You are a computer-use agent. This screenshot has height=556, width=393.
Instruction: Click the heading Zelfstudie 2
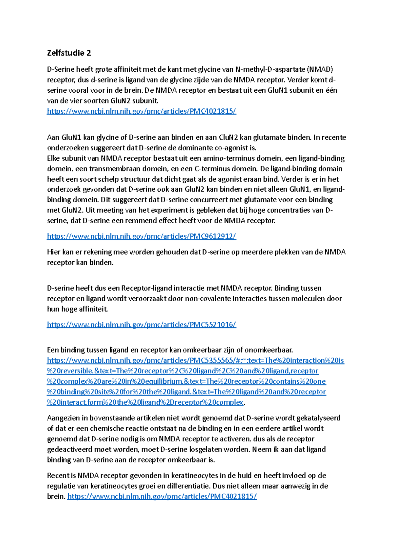click(69, 53)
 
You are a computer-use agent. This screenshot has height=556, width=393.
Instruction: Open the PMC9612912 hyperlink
click(141, 236)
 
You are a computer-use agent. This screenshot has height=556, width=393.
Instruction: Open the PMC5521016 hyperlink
click(141, 324)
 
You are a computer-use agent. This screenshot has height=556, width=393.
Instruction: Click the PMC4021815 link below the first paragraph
click(141, 111)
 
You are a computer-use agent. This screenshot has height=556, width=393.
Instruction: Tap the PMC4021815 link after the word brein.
click(162, 496)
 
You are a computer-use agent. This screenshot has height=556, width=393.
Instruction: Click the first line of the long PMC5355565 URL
click(195, 361)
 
